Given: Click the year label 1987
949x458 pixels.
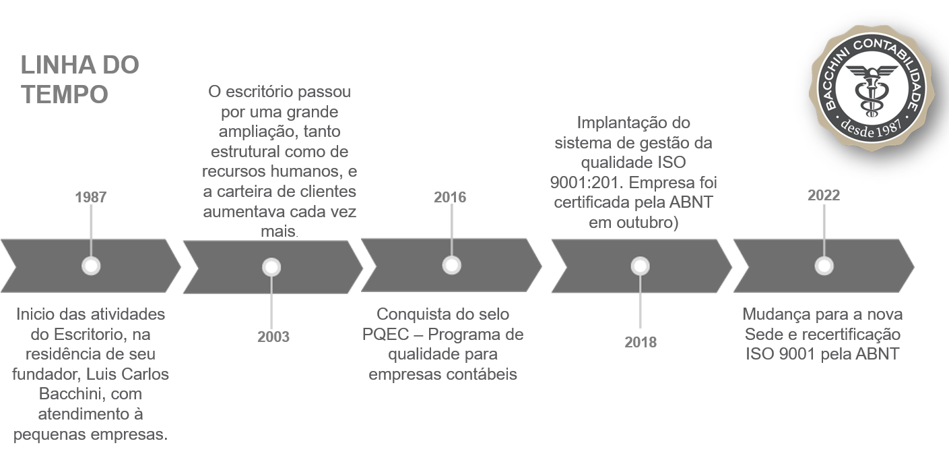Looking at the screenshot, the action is (91, 198).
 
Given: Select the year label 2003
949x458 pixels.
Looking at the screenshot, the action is (273, 337).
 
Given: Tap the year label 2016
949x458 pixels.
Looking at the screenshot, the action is (450, 198).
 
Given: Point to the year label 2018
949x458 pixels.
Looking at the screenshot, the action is (641, 342).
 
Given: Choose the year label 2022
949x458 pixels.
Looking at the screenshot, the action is (824, 195).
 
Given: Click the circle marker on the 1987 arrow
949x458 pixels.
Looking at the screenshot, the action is (91, 266).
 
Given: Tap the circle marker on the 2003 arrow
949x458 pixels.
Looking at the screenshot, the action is (271, 267).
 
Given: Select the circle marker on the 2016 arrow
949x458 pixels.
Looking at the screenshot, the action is (452, 265).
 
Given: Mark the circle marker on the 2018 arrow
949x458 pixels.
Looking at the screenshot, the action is (640, 266).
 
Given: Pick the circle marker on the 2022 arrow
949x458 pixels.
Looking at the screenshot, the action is (824, 266).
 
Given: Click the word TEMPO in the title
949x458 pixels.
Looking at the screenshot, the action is (65, 94).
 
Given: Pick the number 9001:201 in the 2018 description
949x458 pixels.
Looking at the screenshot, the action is (587, 183).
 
